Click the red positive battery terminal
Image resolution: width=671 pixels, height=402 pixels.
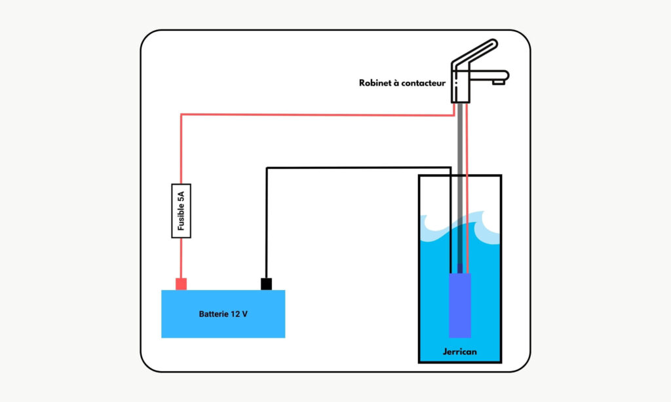coord(181,283)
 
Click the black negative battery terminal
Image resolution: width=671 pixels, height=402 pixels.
coord(266,283)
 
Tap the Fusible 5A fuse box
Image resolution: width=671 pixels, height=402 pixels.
coord(181,210)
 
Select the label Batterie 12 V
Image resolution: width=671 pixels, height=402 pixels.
coord(223,314)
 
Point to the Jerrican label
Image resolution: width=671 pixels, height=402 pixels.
coord(459,352)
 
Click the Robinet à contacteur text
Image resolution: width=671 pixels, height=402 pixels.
coord(402,83)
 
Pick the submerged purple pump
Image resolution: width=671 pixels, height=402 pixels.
coord(459,305)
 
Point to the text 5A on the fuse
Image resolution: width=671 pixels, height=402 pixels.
coord(181,195)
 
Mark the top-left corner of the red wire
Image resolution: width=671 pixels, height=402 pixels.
coord(182,115)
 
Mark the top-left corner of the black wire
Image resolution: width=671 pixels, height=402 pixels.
coord(267,168)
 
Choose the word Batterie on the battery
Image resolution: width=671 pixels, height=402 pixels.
coord(214,314)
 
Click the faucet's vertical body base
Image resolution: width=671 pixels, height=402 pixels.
coord(461,88)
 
